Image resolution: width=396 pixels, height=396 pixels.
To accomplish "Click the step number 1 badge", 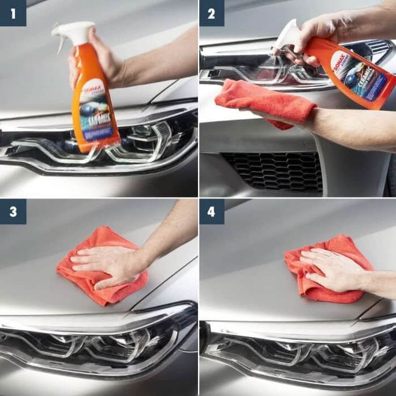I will (x=13, y=13).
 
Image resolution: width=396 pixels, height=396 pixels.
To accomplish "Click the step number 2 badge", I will (x=212, y=13).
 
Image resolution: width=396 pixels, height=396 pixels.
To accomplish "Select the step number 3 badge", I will (x=13, y=211).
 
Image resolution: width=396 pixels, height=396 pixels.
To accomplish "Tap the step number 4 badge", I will (x=212, y=211).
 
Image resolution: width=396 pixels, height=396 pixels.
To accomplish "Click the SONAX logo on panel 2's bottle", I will (x=341, y=61).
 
